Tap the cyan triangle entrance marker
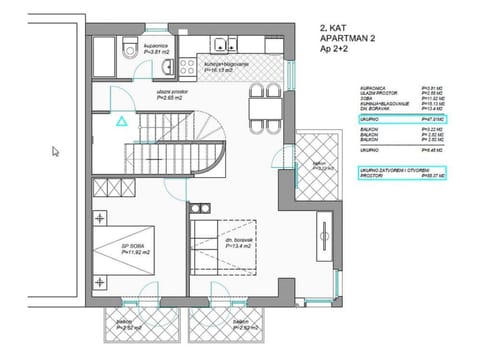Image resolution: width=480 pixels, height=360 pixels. pos(120,121)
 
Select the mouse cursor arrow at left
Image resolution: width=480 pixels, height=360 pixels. pos(57,151)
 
